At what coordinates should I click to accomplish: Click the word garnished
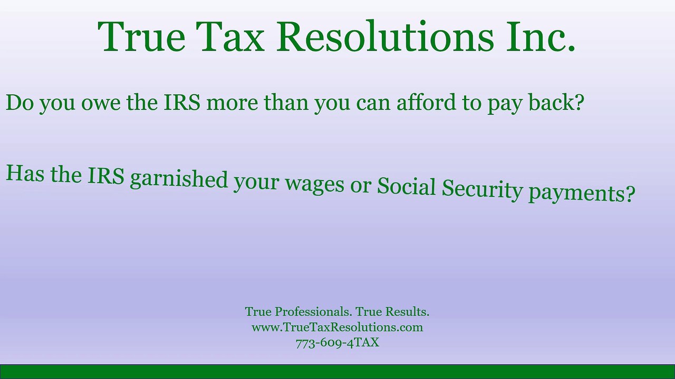point(178,179)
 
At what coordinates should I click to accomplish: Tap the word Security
point(482,190)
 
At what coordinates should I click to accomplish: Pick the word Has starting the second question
point(24,173)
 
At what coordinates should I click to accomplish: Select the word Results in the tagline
point(408,312)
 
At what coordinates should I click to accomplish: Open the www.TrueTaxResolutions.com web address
point(337,327)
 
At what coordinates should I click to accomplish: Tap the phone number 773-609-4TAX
point(337,343)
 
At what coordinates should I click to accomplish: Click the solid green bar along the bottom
point(337,372)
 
